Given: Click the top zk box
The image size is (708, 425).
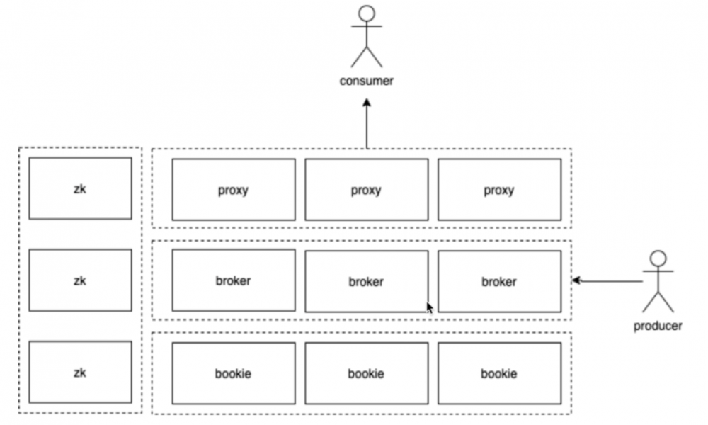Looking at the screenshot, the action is pos(81,188).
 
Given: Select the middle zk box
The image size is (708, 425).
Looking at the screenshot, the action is pos(81,280).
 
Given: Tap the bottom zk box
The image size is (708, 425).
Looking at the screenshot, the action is pos(81,372).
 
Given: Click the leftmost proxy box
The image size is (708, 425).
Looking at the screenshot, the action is pos(234,190).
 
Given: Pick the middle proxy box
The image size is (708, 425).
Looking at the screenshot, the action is pos(367,190).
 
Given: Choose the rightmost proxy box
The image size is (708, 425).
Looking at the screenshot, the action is pos(499,190).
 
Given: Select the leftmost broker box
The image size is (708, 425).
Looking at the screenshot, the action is pos(234,280).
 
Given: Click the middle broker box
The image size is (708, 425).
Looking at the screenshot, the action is pos(367,281).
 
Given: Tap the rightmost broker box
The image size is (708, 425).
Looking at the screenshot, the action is pos(499,281).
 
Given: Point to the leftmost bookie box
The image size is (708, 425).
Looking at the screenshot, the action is pos(234,373).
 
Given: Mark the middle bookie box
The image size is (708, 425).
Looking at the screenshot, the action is pos(367,373).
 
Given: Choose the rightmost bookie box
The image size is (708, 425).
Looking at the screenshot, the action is pos(499,373).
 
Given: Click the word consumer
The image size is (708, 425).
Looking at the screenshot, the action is pos(367,81).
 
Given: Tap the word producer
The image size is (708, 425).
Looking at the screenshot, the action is pos(658,326).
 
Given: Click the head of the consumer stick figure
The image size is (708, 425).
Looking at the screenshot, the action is pos(367,13).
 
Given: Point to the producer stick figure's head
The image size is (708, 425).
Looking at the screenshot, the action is pos(658,259).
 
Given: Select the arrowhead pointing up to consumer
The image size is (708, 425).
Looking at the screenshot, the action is pos(367,103).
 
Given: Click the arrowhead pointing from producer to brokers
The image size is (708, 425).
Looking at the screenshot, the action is pos(576,280).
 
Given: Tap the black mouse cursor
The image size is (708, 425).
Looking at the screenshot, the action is pos(430,307).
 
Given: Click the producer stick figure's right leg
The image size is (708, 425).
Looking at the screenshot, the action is pos(666,302).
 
